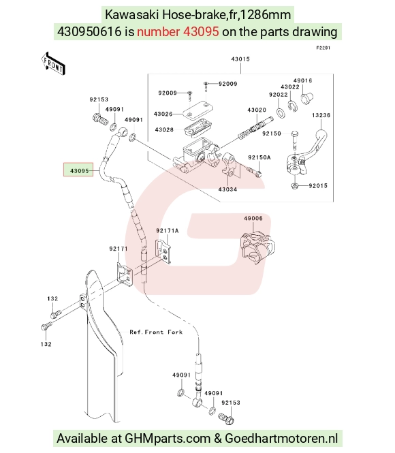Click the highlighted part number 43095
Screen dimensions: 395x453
(80, 171)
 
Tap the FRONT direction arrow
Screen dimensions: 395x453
(53, 64)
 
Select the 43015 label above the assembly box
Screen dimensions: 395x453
(240, 59)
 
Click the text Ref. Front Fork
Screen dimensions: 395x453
(156, 332)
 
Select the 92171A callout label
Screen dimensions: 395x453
(168, 230)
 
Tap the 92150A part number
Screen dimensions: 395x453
(259, 157)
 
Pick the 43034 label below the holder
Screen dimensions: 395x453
(227, 189)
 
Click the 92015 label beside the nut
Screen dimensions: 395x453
(318, 185)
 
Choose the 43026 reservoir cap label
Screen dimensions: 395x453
(163, 114)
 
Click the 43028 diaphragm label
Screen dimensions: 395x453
(164, 129)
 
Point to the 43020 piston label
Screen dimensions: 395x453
(257, 110)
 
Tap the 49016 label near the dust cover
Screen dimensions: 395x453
(302, 80)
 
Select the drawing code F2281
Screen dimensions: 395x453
(323, 48)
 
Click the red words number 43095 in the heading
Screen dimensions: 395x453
(178, 31)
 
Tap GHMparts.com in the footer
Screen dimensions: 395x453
(168, 439)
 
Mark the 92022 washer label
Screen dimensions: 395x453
(279, 95)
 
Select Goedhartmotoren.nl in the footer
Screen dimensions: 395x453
(281, 439)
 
